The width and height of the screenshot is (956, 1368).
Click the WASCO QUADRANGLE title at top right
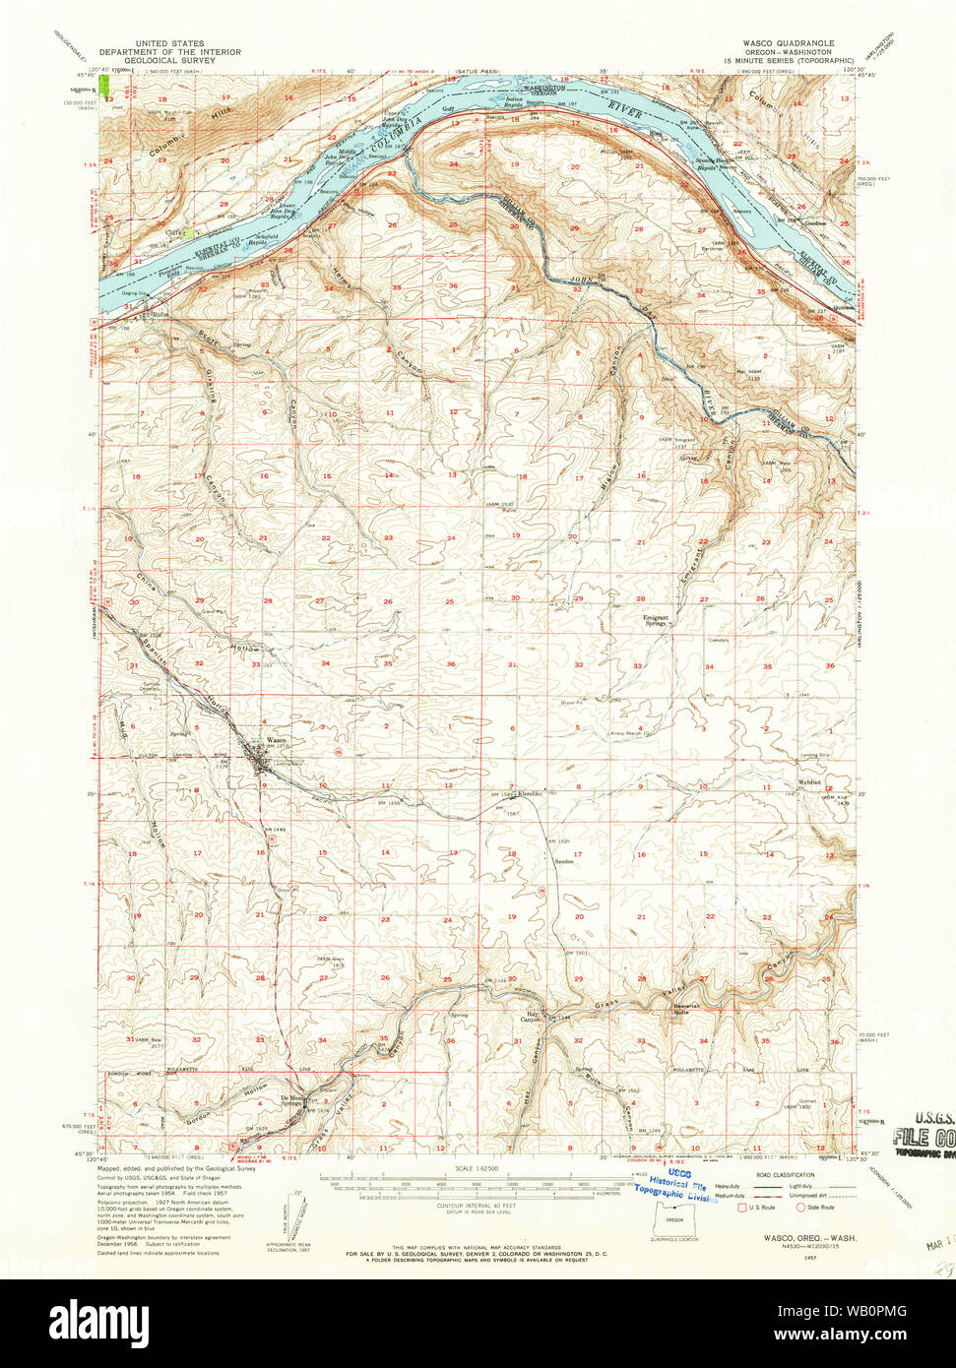[x=788, y=44]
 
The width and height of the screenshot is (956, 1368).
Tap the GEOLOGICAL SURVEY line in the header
[x=157, y=60]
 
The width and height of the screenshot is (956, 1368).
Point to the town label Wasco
[x=276, y=740]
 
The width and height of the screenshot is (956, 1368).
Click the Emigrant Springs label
[x=656, y=620]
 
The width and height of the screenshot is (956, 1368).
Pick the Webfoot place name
[x=809, y=783]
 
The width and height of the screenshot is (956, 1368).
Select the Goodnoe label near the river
[x=814, y=223]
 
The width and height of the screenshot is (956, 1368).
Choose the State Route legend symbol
[x=799, y=1207]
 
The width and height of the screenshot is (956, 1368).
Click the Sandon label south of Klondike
[x=563, y=861]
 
